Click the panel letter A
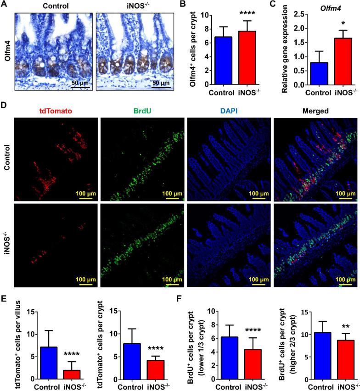click(4, 4)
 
